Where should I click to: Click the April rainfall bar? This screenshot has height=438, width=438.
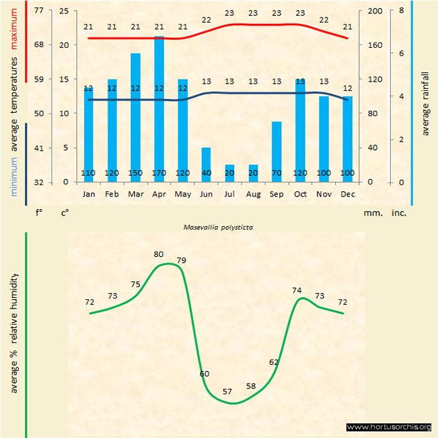click(x=159, y=110)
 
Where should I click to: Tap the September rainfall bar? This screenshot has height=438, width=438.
click(x=277, y=151)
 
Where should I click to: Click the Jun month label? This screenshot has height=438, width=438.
click(x=206, y=194)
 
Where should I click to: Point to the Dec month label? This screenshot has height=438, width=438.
click(x=347, y=194)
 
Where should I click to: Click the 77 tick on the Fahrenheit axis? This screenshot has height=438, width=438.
click(x=39, y=11)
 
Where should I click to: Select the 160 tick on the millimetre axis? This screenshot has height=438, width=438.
click(x=375, y=45)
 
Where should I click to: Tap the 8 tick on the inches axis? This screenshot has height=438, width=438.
click(x=402, y=11)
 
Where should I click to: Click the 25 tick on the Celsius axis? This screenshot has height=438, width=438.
click(x=64, y=11)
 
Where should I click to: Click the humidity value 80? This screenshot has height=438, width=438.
click(x=159, y=254)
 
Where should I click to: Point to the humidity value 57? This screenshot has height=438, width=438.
click(x=227, y=392)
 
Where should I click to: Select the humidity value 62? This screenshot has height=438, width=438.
click(x=274, y=362)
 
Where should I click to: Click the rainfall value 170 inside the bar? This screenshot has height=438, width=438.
click(x=159, y=174)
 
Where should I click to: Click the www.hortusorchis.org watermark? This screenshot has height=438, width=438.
click(x=389, y=427)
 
